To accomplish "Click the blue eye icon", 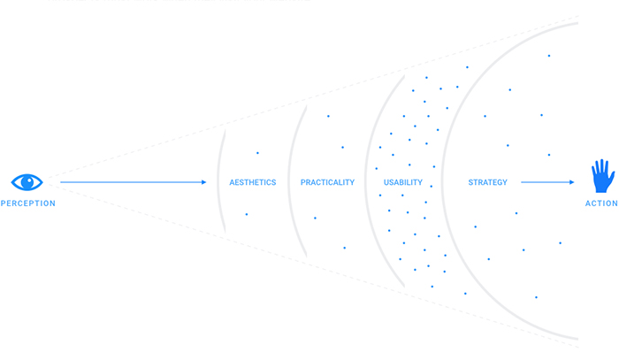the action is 27,182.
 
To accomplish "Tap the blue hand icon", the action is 602,176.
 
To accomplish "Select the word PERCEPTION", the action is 28,203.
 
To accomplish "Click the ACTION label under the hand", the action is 601,203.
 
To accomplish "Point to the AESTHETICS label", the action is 253,182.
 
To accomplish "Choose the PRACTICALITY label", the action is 327,182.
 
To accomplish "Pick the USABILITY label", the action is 403,182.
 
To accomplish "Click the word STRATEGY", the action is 487,182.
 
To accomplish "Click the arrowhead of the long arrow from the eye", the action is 204,182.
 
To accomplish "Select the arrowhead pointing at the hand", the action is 571,182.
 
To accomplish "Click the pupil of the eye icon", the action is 27,182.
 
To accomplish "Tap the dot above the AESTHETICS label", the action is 257,153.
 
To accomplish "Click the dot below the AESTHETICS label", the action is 247,214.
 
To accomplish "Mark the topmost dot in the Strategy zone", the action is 549,56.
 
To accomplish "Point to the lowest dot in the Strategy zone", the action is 536,297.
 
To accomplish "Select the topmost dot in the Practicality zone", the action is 328,116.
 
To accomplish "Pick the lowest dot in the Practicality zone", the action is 344,248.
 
